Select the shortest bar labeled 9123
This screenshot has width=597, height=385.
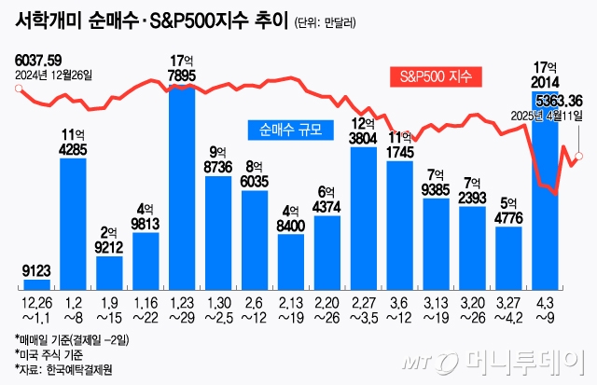36,282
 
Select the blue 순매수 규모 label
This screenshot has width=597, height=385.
291,131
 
